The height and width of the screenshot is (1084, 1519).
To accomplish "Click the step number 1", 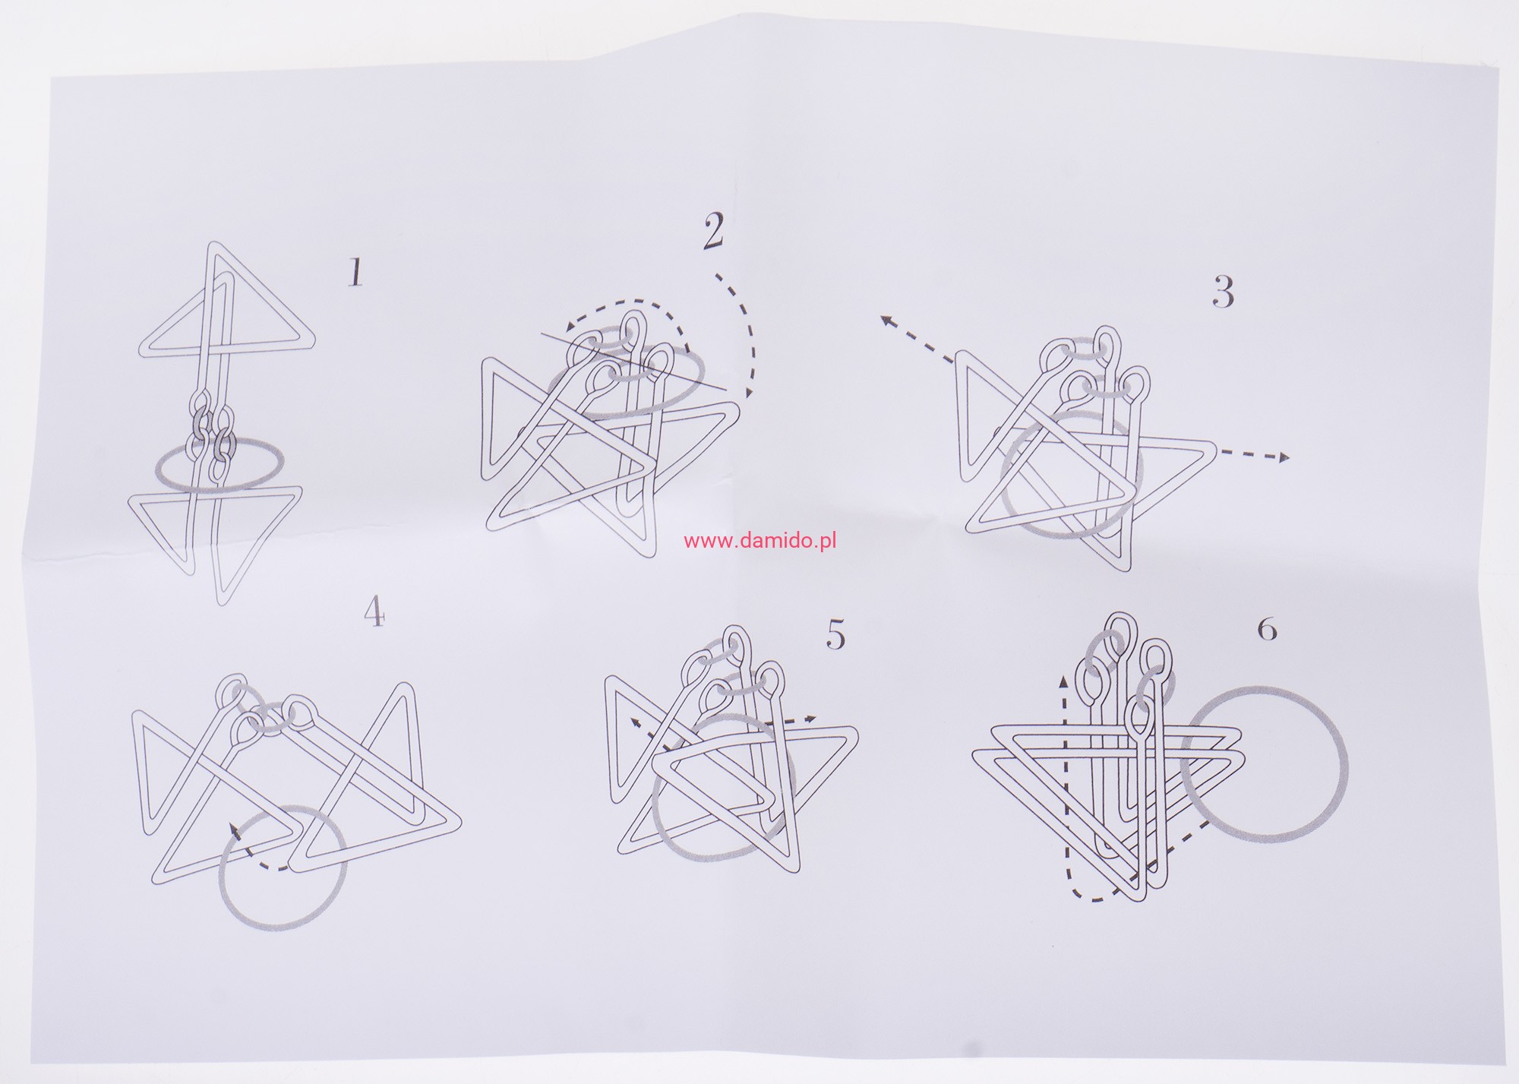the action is [355, 273].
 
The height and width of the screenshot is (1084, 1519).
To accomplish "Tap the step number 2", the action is [713, 232].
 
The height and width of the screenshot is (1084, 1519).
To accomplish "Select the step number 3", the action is [1223, 292].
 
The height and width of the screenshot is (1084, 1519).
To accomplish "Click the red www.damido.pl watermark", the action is [760, 542].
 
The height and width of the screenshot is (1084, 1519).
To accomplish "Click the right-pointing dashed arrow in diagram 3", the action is [1254, 456].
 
